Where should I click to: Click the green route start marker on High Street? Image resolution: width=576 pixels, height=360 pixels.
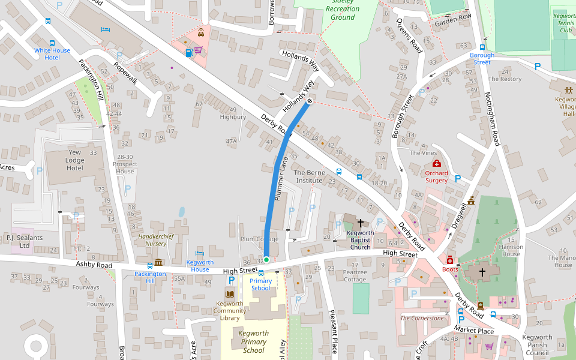click(266, 259)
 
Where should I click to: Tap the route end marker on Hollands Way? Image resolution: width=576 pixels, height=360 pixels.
click(310, 102)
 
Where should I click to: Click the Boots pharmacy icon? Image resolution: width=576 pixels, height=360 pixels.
click(449, 260)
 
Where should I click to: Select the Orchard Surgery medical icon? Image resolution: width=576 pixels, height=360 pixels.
click(436, 164)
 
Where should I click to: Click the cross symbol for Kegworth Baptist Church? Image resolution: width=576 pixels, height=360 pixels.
click(360, 223)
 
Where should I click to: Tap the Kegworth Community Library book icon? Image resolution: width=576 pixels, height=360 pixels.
click(229, 294)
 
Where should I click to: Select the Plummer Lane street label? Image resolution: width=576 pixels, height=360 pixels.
click(279, 178)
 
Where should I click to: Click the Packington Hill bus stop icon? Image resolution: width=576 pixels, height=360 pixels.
click(150, 265)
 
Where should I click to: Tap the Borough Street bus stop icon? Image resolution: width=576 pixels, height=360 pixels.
click(482, 47)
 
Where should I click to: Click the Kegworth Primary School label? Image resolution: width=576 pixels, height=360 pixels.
click(253, 342)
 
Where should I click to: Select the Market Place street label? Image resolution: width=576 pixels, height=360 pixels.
click(473, 331)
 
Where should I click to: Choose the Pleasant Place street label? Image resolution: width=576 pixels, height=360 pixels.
click(333, 331)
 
